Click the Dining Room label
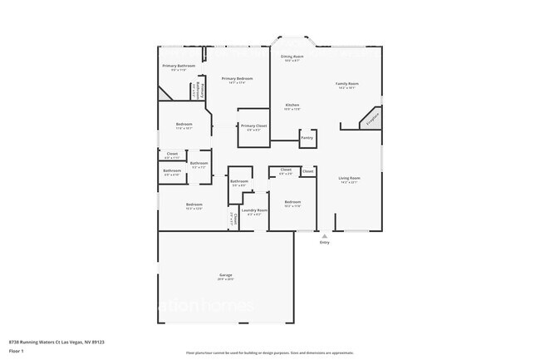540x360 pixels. coord(292,57)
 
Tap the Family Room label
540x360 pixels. coord(346,84)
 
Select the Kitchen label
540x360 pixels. coord(292,105)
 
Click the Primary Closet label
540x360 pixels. coord(253,126)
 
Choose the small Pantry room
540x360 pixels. coord(307,138)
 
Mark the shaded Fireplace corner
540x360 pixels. coord(372,119)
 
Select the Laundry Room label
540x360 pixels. coord(254,210)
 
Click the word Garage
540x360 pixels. coord(224,274)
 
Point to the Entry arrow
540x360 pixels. coord(324,235)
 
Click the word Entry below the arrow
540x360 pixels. coord(324,243)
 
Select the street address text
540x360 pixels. coord(56,341)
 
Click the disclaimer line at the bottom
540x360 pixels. coord(269,353)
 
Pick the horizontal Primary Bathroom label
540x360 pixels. coord(179,66)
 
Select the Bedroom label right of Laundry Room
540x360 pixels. coord(292,202)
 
